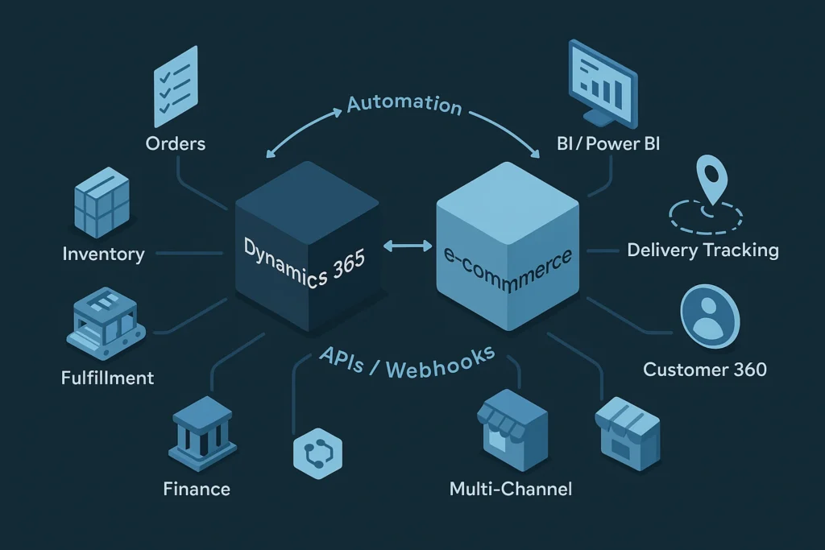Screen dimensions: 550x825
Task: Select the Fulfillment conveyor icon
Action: click(x=104, y=323)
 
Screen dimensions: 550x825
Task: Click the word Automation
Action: click(x=404, y=105)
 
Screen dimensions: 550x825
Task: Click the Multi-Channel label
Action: click(x=512, y=488)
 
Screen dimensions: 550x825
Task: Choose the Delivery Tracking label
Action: click(x=703, y=250)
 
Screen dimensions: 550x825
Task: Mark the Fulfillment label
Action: click(x=107, y=377)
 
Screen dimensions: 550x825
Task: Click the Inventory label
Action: click(x=103, y=254)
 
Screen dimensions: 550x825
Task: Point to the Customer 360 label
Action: click(x=705, y=370)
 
